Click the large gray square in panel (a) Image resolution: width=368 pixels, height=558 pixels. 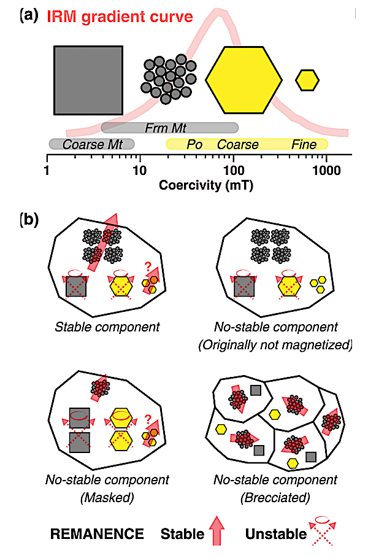[88, 80]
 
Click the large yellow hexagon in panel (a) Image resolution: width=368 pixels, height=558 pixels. [243, 80]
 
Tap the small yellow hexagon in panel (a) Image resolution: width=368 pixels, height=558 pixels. [307, 80]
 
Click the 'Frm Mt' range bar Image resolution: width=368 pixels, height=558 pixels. [170, 128]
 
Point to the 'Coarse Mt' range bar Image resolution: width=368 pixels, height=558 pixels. [91, 144]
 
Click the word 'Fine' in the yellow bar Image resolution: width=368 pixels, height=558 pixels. [304, 145]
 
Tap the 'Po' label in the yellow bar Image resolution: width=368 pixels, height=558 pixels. [194, 145]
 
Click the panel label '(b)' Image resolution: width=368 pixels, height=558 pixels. [30, 218]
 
